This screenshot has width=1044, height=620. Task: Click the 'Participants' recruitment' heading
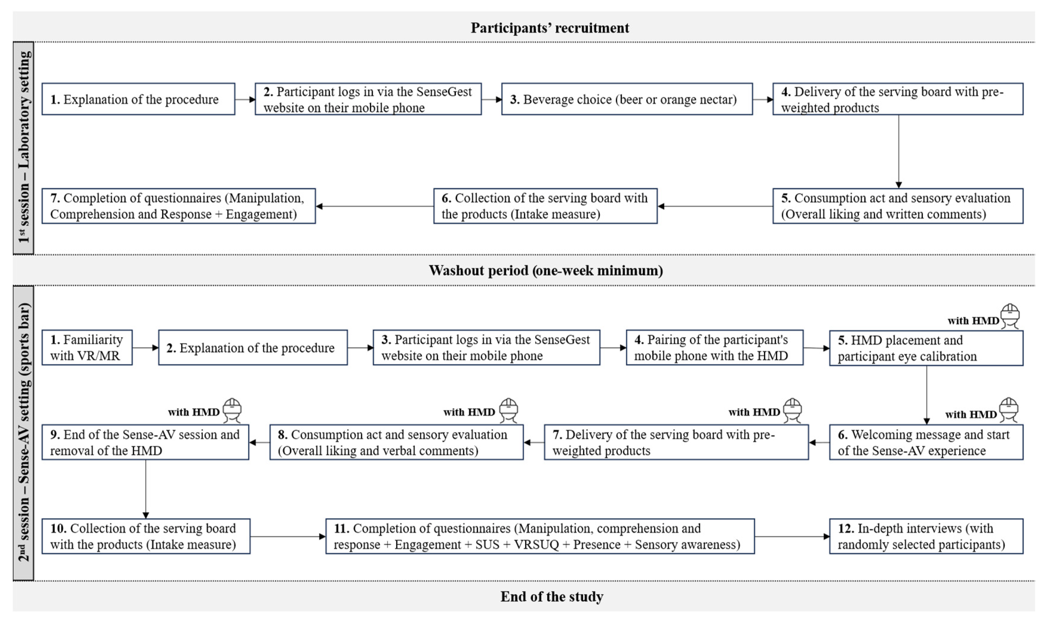(549, 28)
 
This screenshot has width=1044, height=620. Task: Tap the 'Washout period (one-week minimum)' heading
(545, 270)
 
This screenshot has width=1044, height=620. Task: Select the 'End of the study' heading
(551, 596)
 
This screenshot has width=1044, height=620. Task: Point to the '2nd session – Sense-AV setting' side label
(23, 432)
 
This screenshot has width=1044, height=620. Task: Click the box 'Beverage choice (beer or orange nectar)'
(627, 99)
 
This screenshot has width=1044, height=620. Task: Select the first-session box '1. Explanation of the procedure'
(138, 99)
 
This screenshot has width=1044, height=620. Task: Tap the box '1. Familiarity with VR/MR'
(87, 348)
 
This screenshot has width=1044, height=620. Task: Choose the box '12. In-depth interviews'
(926, 537)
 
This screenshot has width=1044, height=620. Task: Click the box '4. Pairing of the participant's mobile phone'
(714, 348)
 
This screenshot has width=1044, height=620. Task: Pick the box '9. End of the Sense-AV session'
(145, 442)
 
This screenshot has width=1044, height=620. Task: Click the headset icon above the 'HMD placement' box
(1010, 316)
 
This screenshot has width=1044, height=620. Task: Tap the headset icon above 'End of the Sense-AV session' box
(232, 410)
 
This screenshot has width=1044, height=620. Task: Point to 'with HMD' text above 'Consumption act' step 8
(469, 412)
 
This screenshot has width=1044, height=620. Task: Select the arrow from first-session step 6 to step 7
(374, 206)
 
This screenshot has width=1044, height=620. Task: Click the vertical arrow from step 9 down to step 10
(145, 489)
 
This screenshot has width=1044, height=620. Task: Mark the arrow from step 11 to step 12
(791, 537)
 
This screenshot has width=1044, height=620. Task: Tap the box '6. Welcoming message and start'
(926, 442)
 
